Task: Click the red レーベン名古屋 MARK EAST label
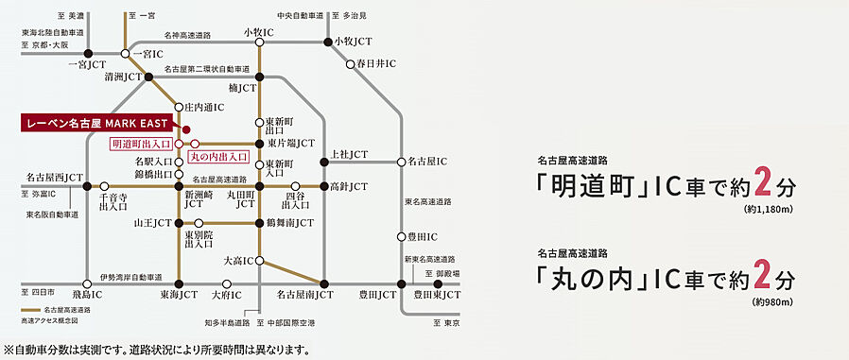(x=94, y=124)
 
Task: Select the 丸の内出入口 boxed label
(x=217, y=157)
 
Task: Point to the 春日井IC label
(x=374, y=63)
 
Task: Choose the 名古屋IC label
(x=430, y=162)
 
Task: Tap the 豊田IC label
(x=424, y=236)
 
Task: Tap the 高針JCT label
(x=348, y=186)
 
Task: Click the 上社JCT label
(x=350, y=154)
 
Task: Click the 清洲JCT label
(x=123, y=77)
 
